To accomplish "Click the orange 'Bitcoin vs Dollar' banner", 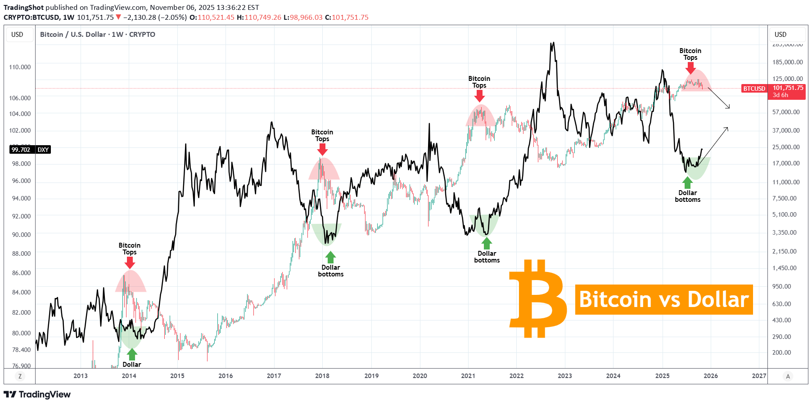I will [663, 299].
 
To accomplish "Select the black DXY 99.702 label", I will [30, 150].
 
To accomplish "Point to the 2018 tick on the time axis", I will [322, 376].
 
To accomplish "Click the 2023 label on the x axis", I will [565, 376].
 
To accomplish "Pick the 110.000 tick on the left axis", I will [20, 67].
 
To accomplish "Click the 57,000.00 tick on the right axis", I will [786, 112].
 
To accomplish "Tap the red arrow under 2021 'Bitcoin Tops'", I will [479, 96].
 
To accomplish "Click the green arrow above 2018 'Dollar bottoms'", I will [330, 257].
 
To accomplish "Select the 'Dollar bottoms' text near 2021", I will [487, 257].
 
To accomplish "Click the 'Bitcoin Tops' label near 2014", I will [130, 249].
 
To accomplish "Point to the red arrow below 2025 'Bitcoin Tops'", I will [690, 68].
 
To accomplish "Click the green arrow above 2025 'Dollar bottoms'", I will [687, 182].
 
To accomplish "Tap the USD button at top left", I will [18, 35].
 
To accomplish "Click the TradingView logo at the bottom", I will [37, 395].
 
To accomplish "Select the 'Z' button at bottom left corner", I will [19, 376].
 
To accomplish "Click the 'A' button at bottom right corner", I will [788, 376].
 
